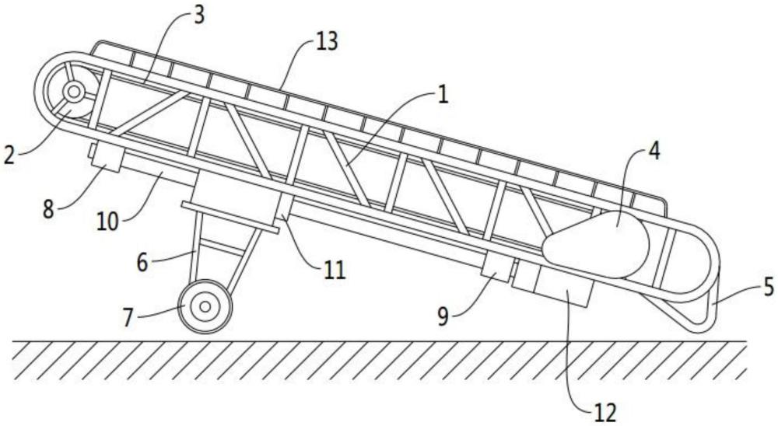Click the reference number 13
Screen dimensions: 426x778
328,42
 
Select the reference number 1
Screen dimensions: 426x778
442,97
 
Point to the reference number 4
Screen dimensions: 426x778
654,152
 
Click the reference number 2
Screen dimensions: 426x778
9,153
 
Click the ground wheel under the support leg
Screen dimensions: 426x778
205,306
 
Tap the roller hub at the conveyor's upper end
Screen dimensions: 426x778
74,92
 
